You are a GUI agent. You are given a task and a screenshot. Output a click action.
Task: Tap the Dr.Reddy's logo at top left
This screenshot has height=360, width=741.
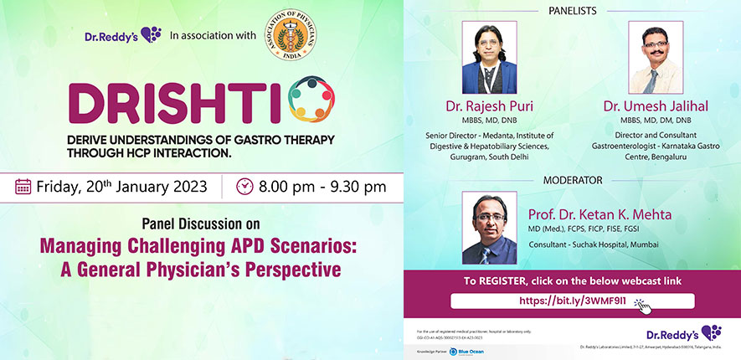pos(122,35)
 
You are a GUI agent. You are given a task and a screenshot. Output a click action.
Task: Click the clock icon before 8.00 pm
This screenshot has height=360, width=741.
pos(244,186)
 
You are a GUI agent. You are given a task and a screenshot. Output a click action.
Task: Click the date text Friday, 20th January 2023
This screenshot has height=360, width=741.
pos(121,186)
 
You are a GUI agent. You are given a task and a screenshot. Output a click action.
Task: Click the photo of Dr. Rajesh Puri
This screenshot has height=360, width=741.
pos(489,58)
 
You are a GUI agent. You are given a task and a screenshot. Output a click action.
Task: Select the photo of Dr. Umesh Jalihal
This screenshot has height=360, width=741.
pos(655,58)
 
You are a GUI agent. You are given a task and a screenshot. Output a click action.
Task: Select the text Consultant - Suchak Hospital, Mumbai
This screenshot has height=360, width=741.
pos(594,244)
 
